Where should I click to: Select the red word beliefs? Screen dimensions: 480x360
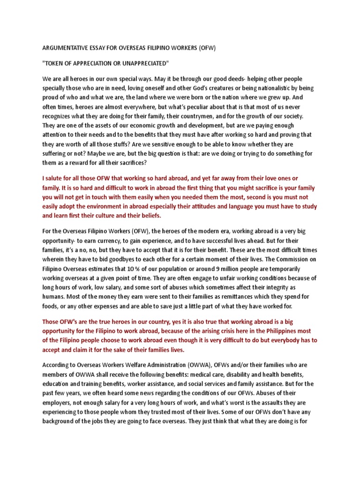tap(147, 216)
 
